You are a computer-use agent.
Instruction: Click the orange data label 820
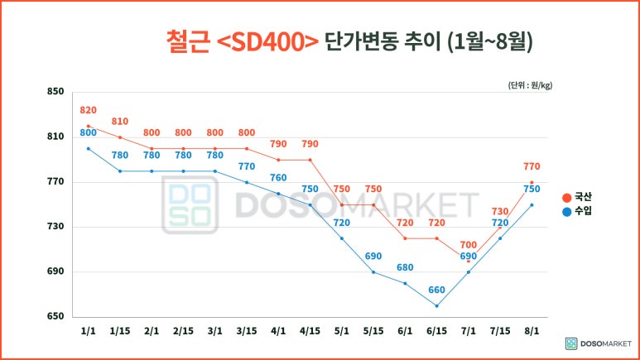[x=89, y=110]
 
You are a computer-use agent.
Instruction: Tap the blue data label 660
[x=436, y=290]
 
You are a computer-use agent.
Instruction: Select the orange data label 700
[x=469, y=245]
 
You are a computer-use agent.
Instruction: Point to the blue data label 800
[x=89, y=132]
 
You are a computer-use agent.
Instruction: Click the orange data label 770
[x=532, y=166]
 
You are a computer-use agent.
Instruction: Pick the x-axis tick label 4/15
[x=310, y=330]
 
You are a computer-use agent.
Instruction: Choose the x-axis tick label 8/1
[x=532, y=330]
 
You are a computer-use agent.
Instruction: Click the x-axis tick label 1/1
[x=88, y=330]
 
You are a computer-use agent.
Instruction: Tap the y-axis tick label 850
[x=55, y=92]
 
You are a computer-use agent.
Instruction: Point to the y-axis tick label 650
[x=55, y=317]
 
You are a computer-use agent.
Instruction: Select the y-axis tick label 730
[x=55, y=227]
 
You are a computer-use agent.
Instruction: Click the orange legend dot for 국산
[x=566, y=197]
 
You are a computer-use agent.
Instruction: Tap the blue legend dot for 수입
[x=566, y=211]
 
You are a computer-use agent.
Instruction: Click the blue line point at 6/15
[x=436, y=306]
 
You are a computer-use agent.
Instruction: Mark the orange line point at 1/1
[x=88, y=126]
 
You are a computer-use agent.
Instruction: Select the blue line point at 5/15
[x=373, y=272]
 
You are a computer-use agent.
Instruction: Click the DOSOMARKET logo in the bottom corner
[x=597, y=343]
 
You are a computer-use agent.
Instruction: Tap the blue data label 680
[x=405, y=267]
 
